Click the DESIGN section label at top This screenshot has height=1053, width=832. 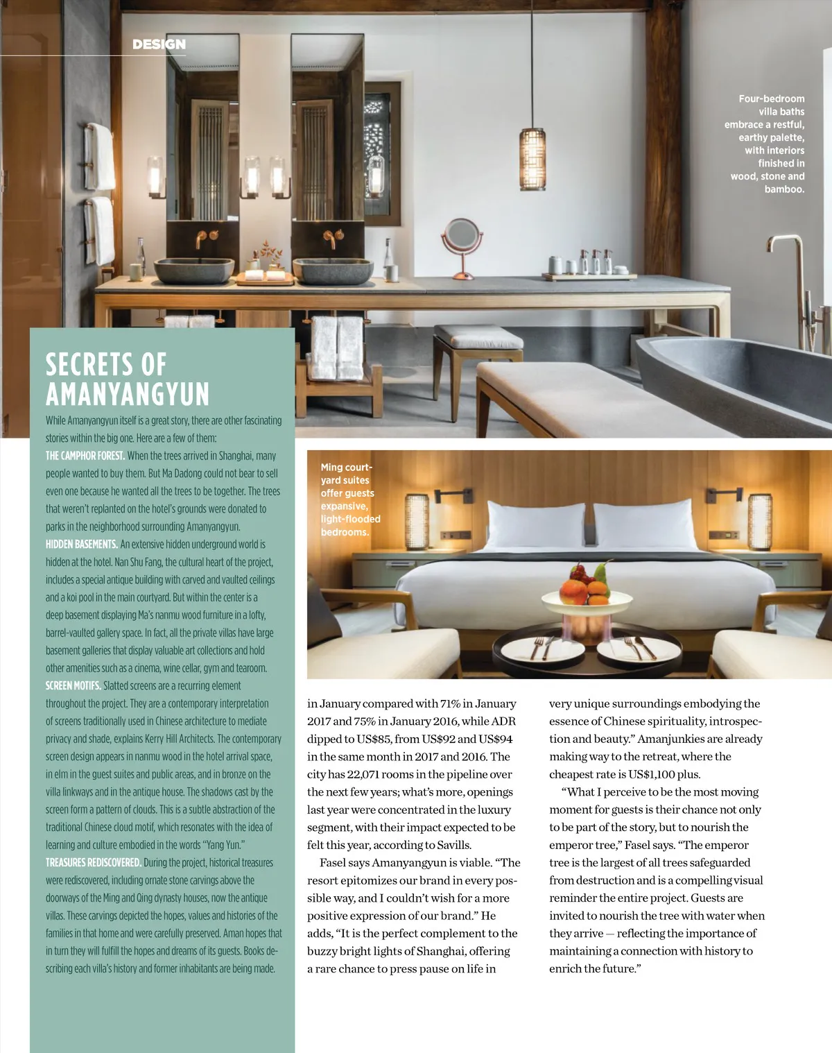(x=159, y=44)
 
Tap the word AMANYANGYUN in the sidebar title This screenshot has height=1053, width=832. (x=128, y=394)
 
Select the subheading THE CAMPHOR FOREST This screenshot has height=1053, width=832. (x=85, y=456)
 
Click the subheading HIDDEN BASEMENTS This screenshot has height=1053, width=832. (x=81, y=545)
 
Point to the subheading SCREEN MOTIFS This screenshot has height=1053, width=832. (x=73, y=686)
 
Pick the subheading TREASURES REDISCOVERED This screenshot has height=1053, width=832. (x=94, y=863)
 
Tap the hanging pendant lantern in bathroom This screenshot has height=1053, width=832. (x=532, y=159)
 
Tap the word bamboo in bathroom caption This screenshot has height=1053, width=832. (x=784, y=189)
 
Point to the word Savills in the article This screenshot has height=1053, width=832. (x=453, y=845)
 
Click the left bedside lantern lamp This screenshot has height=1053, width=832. (x=417, y=519)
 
